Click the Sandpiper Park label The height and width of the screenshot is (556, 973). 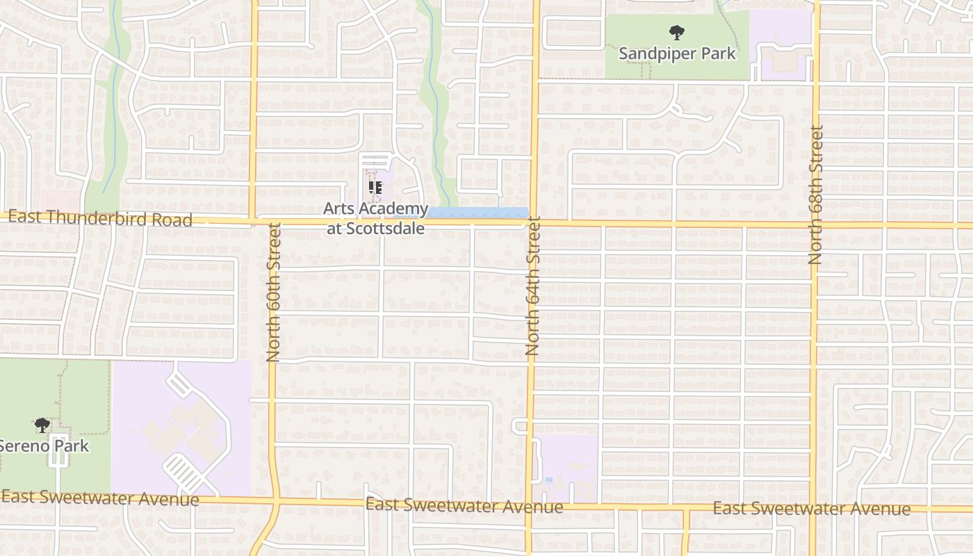677,54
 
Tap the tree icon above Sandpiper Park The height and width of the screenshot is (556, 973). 676,32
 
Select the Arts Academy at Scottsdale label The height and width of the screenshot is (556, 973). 376,218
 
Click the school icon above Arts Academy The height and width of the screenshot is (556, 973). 376,187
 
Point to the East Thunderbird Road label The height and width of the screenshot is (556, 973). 100,219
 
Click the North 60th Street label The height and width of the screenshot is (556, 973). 273,292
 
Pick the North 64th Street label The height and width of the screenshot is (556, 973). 533,286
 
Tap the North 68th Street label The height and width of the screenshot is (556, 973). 816,195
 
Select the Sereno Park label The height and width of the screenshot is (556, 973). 44,445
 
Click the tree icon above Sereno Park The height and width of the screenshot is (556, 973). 42,425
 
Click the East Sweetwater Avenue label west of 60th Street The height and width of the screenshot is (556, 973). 100,498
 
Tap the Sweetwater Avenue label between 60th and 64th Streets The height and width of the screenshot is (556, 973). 464,506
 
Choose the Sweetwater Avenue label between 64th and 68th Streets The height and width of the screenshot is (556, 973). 812,509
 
